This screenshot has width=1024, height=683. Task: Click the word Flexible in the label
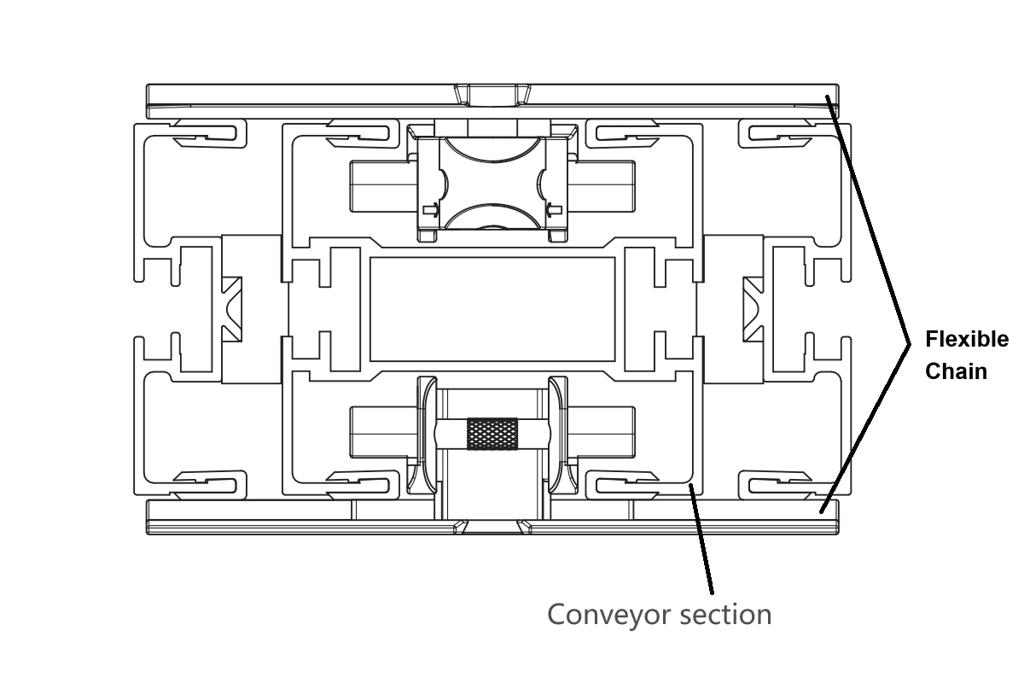(x=967, y=340)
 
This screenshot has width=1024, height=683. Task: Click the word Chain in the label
(x=957, y=371)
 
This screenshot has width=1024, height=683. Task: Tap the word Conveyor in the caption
(x=610, y=615)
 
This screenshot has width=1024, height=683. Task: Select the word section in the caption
(x=726, y=614)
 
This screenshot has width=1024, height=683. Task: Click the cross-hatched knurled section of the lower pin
(x=492, y=434)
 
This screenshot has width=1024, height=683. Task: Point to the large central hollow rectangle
(x=492, y=309)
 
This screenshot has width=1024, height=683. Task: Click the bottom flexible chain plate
(x=492, y=517)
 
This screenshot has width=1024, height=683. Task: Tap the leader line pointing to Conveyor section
(x=701, y=539)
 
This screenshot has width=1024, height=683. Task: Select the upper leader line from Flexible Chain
(x=868, y=219)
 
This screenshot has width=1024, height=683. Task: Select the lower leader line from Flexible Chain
(x=865, y=429)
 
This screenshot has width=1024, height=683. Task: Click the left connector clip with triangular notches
(x=232, y=309)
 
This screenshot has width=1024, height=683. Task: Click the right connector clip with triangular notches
(x=753, y=309)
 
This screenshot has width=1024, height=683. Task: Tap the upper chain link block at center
(x=492, y=183)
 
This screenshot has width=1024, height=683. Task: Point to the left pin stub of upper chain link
(x=383, y=186)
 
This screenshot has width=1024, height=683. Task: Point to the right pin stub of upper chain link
(x=602, y=186)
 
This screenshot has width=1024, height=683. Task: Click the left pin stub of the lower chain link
(x=384, y=432)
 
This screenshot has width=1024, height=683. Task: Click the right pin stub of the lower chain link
(x=601, y=432)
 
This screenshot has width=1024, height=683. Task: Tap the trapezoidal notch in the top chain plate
(x=492, y=95)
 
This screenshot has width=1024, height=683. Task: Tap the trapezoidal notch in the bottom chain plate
(x=492, y=527)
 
